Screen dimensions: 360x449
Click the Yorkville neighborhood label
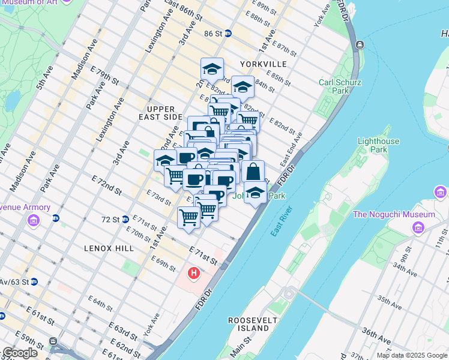coord(260,64)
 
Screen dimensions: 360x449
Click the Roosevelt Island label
coord(249,324)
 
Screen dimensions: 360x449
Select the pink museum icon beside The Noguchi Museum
coord(419,227)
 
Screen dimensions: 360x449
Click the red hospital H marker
coord(193,274)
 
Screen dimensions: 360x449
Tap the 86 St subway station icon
coord(228,34)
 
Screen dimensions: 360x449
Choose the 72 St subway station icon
coord(125,220)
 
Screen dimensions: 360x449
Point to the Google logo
coord(20,353)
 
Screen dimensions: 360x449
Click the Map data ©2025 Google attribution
coord(412,355)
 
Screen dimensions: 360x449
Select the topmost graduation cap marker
coord(212,69)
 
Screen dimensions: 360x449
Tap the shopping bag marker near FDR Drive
coord(253,172)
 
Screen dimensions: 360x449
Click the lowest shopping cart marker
coord(188,217)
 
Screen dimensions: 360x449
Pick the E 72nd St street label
coord(107,185)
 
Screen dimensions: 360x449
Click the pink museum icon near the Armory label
coord(33,221)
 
